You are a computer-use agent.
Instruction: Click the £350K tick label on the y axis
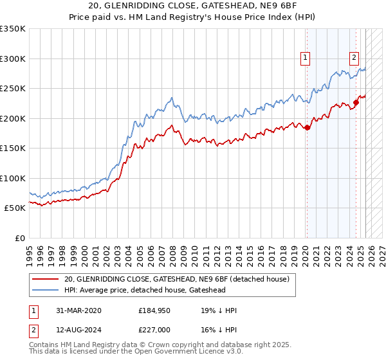[x=13, y=29]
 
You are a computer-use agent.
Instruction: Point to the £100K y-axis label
[x=13, y=178]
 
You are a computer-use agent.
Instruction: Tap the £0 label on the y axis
[x=19, y=238]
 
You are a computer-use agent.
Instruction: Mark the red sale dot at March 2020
[x=307, y=127]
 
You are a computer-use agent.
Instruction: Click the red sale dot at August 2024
[x=356, y=103]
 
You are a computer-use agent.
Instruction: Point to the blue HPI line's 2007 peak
[x=171, y=98]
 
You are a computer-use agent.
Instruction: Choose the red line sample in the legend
[x=46, y=279]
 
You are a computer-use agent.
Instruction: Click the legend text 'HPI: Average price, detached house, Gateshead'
[x=154, y=290]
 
